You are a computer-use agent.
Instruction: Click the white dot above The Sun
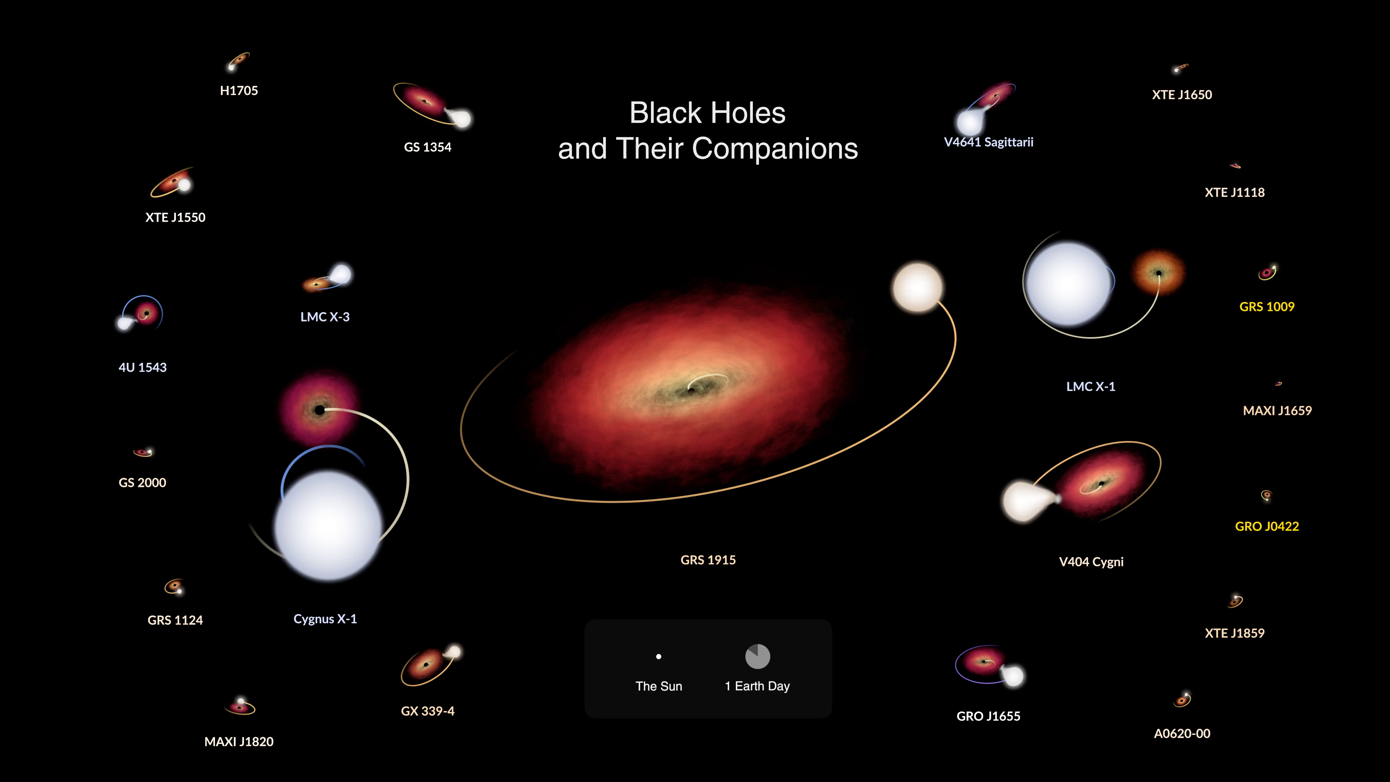658,656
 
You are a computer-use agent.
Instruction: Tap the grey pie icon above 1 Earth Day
758,656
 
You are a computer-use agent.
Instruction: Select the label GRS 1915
708,560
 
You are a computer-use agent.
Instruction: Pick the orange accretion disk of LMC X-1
1158,273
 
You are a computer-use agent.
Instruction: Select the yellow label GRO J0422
1267,526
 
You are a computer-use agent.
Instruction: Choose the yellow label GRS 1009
1267,307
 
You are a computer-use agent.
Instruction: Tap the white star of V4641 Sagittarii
969,122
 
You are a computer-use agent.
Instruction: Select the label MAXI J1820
239,741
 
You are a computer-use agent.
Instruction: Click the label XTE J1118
1235,192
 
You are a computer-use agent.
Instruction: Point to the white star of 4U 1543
125,323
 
